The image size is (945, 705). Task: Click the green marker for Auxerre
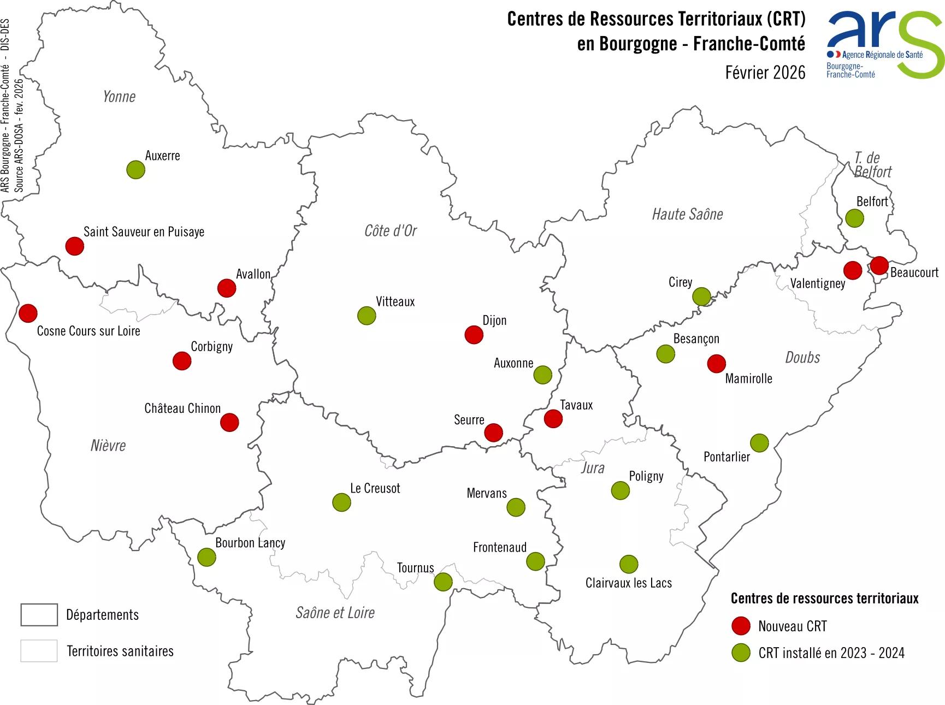coord(135,170)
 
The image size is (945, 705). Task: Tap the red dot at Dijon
coord(474,335)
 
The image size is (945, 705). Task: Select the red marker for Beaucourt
coord(879,265)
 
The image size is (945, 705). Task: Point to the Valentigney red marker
coord(853,270)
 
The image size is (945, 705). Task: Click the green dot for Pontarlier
coord(759,443)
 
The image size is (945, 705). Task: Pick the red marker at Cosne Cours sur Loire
coord(28,313)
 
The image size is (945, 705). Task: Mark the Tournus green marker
coord(443,582)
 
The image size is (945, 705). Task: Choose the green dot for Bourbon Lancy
coord(206,557)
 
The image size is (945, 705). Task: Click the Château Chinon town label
coord(182,408)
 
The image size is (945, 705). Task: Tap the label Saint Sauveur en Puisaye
coord(144,232)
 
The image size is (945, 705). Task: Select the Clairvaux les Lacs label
coord(628,583)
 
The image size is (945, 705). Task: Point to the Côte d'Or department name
coord(390,231)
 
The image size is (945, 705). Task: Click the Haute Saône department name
coord(687,214)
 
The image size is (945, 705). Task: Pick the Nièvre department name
coord(108,446)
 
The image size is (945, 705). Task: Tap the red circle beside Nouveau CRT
coord(741,626)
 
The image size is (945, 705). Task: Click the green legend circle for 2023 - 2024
coord(741,653)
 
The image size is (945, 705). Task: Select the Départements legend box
coord(39,615)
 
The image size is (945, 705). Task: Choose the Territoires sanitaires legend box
coord(39,651)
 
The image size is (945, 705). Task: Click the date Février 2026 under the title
coord(765,73)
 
